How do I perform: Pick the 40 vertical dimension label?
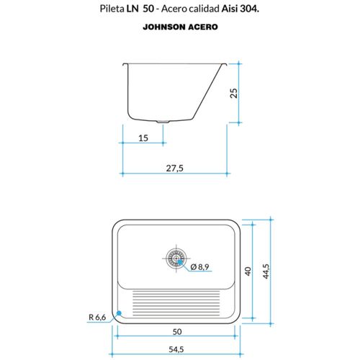[247, 271]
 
